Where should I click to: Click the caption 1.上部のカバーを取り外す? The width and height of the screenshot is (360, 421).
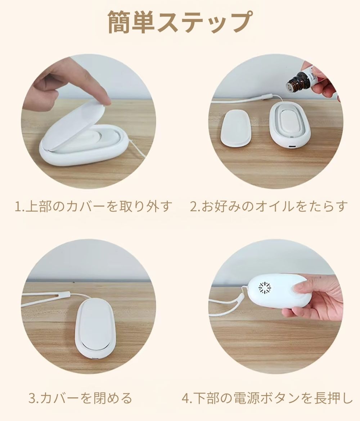(93, 207)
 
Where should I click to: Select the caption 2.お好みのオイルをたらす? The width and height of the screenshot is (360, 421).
(269, 207)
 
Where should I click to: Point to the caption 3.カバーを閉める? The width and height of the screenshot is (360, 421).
(80, 399)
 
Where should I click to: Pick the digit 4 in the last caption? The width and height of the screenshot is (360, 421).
(185, 399)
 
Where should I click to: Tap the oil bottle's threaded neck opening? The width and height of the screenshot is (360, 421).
(291, 87)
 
